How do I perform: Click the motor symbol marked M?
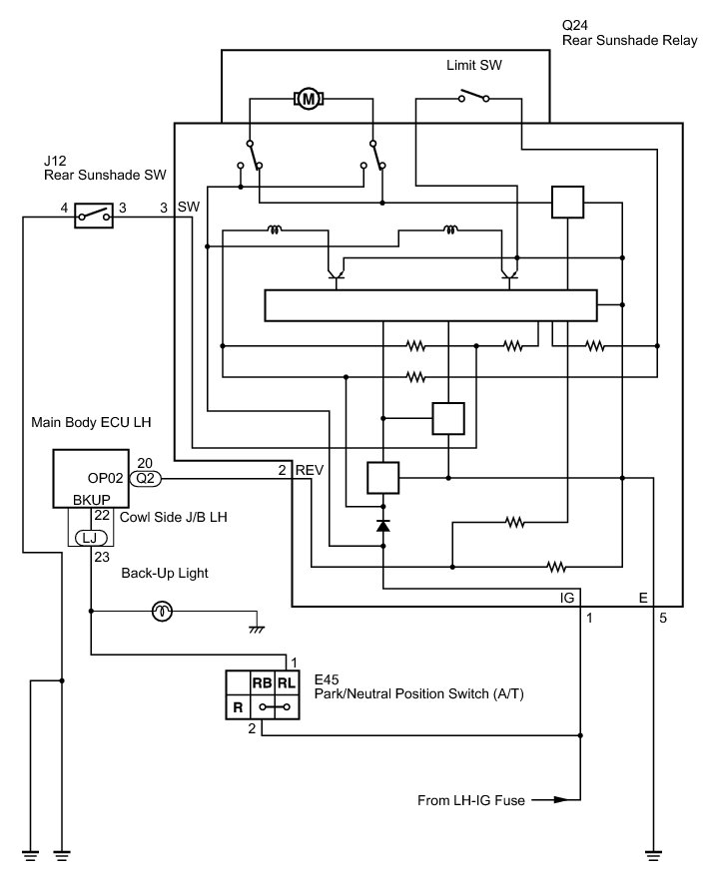coord(309,100)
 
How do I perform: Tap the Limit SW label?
coord(474,65)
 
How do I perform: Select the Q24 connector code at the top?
coord(575,25)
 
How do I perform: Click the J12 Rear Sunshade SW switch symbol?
coord(94,215)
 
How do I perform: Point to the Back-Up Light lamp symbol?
coord(163,612)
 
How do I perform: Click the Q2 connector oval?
coord(146,479)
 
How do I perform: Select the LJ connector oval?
coord(91,538)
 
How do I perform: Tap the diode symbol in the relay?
coord(382,525)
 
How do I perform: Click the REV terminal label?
coord(310,470)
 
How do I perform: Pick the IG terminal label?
coord(567,598)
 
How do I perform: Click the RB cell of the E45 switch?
coord(263,683)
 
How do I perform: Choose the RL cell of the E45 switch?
coord(287,683)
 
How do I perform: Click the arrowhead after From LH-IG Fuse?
coord(561,800)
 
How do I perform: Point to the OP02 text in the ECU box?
coord(105,478)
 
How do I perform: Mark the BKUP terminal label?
coord(92,500)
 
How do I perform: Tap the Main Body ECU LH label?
coord(91,422)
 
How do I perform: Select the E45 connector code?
coord(327,679)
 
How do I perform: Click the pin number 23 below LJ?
coord(102,557)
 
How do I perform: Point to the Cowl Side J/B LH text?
coord(174,517)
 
